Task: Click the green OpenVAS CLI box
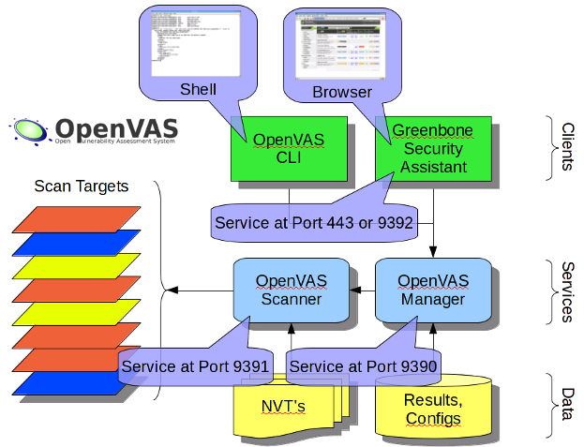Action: pos(289,150)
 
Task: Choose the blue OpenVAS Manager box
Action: pos(432,290)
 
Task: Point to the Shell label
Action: pos(198,90)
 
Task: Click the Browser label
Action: pos(342,92)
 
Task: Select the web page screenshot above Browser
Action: pos(342,47)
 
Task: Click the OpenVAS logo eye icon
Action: pos(29,130)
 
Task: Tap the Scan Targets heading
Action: pos(82,186)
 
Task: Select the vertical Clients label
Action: pos(567,146)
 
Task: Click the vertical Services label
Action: pos(566,290)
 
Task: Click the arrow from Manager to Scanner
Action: pos(362,291)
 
